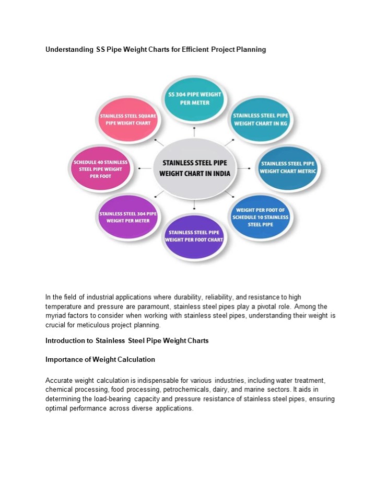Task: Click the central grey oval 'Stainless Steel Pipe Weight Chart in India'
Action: point(194,168)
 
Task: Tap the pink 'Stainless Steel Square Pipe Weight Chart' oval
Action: point(125,119)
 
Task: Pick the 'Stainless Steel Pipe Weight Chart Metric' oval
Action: point(289,167)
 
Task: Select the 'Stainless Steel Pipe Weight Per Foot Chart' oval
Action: point(194,236)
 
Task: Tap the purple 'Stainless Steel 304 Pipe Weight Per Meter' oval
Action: point(127,217)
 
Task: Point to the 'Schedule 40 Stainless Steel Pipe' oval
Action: point(100,169)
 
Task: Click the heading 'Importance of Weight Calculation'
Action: point(100,360)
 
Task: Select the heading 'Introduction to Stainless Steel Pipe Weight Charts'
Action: point(127,340)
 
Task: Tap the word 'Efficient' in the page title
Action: point(194,50)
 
